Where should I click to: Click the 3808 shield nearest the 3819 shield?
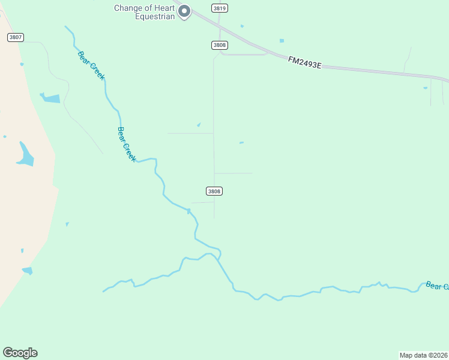click(218, 46)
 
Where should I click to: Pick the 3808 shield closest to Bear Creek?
click(214, 191)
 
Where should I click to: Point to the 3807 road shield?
click(16, 37)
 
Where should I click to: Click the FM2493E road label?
click(304, 62)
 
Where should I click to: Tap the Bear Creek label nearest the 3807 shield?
click(91, 66)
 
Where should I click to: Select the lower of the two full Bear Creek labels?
click(127, 143)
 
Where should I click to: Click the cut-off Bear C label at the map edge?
click(437, 286)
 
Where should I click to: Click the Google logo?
click(20, 353)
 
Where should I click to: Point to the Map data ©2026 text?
click(423, 355)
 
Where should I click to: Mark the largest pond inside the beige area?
click(25, 155)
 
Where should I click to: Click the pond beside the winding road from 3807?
click(51, 98)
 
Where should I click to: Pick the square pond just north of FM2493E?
click(282, 41)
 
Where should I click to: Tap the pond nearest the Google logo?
click(27, 271)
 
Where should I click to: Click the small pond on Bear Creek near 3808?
click(188, 211)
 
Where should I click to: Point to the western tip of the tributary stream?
click(103, 292)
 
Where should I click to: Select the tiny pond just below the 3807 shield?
click(22, 64)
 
